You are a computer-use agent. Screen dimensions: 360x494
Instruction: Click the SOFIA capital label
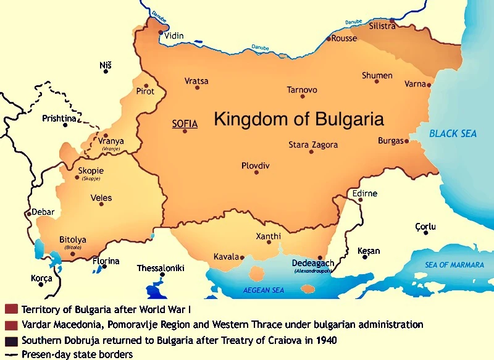[x=184, y=123]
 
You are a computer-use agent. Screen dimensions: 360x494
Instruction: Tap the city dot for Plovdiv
[x=256, y=172]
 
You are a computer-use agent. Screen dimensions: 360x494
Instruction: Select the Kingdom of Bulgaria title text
[x=299, y=119]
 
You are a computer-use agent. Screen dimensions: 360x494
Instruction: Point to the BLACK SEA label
[x=453, y=133]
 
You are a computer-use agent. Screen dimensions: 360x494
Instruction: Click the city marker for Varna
[x=429, y=85]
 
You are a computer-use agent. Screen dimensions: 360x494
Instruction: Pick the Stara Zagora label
[x=313, y=144]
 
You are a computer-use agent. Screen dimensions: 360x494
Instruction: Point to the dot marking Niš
[x=106, y=72]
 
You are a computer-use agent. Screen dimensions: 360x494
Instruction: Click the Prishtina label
[x=59, y=118]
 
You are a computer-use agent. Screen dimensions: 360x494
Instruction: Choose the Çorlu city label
[x=425, y=227]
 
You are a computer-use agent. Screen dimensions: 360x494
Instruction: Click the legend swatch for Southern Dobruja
[x=10, y=340]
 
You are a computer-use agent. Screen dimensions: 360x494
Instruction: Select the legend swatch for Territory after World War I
[x=10, y=309]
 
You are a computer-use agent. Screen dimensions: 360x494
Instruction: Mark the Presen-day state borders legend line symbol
[x=10, y=354]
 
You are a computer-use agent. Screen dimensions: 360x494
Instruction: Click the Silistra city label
[x=382, y=27]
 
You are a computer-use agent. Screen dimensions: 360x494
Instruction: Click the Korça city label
[x=41, y=278]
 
